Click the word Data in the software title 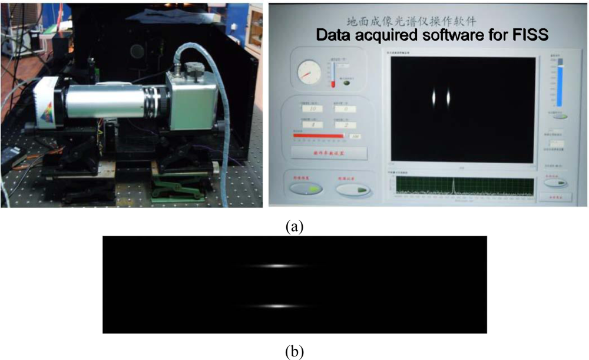click(335, 35)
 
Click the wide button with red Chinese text click(329, 153)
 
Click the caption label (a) click(294, 226)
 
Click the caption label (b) click(294, 352)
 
